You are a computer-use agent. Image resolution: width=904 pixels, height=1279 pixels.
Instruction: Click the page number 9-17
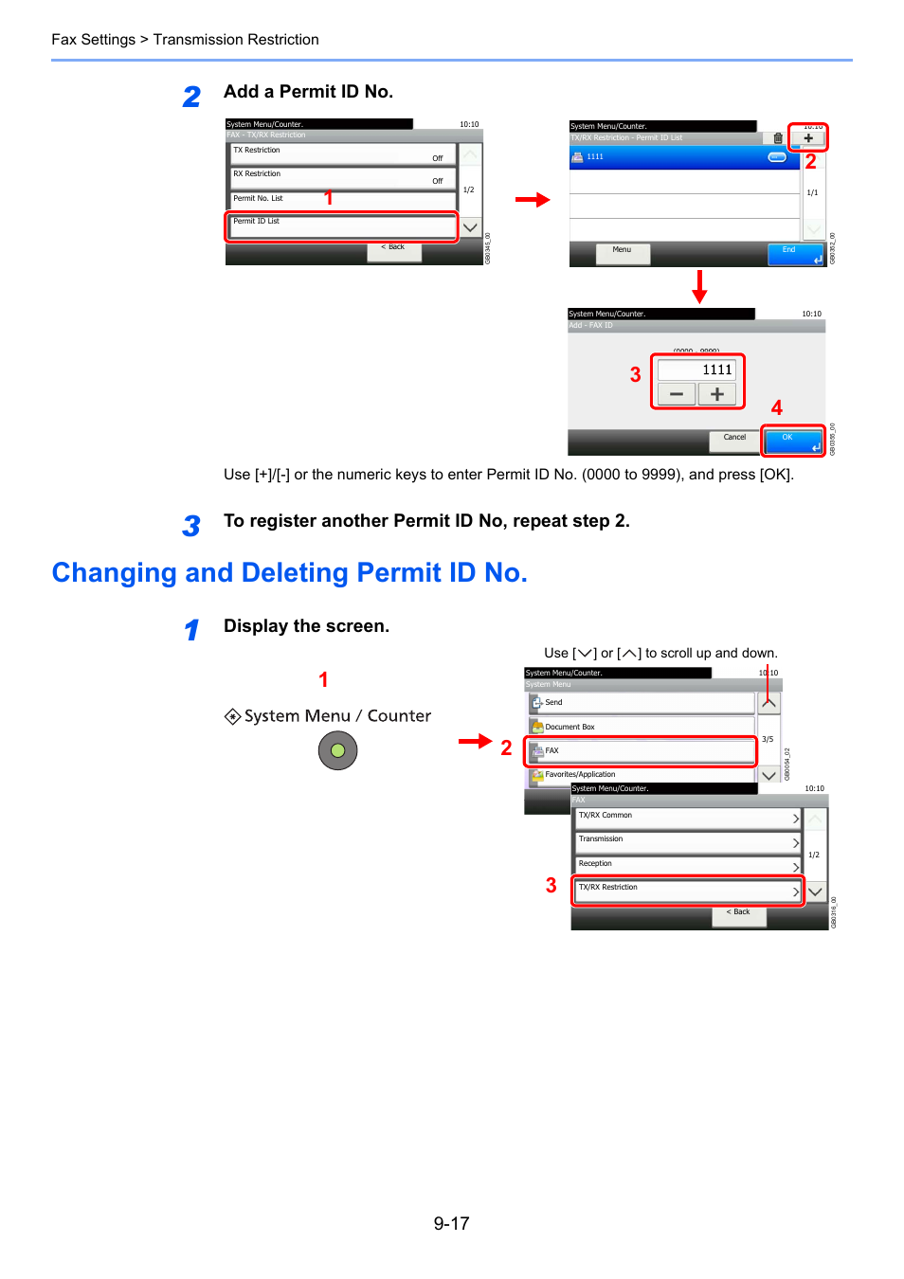click(451, 1223)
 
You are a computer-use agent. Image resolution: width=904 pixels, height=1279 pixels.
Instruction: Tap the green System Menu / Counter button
click(337, 751)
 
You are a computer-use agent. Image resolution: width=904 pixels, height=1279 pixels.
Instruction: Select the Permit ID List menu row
click(341, 225)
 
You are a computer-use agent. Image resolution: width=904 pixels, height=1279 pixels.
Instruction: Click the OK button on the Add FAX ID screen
click(793, 441)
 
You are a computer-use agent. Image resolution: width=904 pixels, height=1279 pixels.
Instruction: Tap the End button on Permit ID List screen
click(795, 253)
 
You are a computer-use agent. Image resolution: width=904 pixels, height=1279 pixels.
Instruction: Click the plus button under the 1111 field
click(717, 394)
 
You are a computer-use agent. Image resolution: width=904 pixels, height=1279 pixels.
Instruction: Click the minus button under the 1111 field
click(677, 394)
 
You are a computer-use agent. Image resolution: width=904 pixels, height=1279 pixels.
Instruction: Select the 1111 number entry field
click(697, 370)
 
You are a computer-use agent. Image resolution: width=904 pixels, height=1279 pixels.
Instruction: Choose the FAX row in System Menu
click(642, 751)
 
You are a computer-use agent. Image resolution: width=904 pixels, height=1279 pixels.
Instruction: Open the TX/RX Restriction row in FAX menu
click(688, 891)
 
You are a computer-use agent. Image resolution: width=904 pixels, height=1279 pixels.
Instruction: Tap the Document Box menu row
click(642, 727)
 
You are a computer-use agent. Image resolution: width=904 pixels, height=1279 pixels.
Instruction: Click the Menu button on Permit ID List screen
click(623, 252)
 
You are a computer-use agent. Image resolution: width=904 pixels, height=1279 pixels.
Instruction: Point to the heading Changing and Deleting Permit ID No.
click(289, 572)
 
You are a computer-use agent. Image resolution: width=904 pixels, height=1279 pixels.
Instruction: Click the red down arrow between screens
click(699, 286)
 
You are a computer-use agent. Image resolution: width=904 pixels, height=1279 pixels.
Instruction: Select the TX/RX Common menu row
click(688, 818)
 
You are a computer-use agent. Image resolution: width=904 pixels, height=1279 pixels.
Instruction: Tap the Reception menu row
click(688, 865)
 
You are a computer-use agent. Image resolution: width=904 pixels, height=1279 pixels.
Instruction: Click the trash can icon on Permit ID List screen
click(778, 138)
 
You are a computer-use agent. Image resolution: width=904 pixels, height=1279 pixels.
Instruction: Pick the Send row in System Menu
click(642, 703)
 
